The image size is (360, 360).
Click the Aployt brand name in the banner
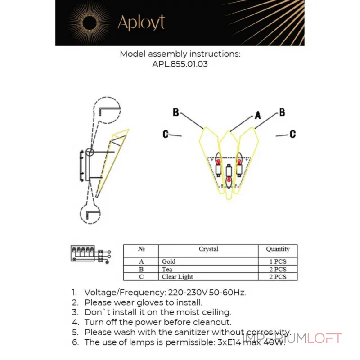click(141, 22)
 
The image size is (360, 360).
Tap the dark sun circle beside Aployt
click(90, 23)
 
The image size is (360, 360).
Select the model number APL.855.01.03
click(180, 64)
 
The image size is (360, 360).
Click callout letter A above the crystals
click(258, 115)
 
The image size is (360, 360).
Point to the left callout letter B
click(175, 112)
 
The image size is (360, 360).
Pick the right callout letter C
click(293, 134)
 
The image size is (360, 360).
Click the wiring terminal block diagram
click(91, 254)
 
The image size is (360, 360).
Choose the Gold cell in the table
click(169, 261)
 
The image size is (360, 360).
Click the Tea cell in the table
click(167, 269)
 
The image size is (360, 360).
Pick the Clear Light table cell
click(177, 277)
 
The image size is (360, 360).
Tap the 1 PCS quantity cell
click(278, 261)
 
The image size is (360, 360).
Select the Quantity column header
click(278, 249)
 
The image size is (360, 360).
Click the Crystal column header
click(208, 249)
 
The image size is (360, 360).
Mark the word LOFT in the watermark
click(324, 339)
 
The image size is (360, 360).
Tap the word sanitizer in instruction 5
click(192, 332)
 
